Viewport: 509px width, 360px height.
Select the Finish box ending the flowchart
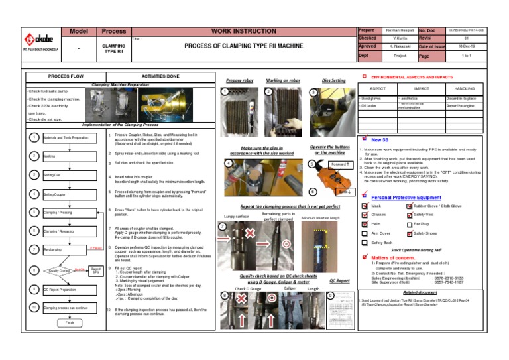coord(60,323)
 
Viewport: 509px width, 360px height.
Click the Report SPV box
coord(96,270)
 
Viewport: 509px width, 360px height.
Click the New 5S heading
coord(380,140)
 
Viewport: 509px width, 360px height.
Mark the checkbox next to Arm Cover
coord(363,234)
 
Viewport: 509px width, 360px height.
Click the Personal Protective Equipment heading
coord(406,197)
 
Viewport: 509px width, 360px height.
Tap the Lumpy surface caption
coord(237,217)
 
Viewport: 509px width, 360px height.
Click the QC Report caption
coord(339,280)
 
